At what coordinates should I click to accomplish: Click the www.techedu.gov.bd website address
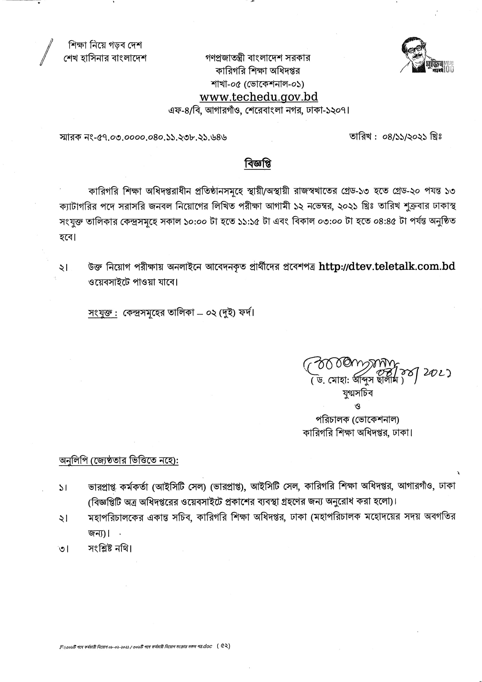pos(258,97)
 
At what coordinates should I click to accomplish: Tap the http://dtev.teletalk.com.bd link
pos(387,266)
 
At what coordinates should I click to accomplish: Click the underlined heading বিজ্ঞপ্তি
pos(258,164)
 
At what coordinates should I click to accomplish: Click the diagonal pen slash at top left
pos(46,52)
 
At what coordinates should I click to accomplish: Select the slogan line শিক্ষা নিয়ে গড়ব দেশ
pos(105,45)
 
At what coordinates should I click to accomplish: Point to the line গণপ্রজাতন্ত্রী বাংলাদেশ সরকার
pos(257,58)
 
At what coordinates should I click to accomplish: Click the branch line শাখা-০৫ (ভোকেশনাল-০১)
pos(257,84)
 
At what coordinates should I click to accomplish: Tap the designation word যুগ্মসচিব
pos(357,393)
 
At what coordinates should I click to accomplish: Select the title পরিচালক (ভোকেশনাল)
pos(357,419)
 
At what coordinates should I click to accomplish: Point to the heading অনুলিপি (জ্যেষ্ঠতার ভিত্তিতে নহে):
pos(119,461)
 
